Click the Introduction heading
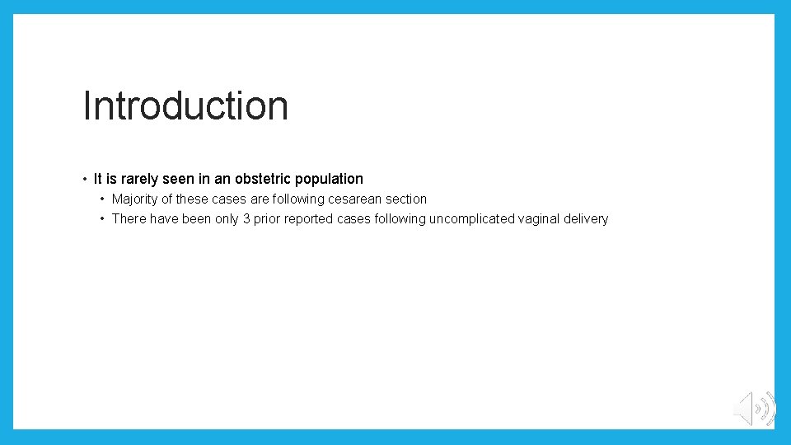click(x=185, y=106)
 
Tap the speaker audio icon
click(x=754, y=409)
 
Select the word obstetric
click(x=264, y=179)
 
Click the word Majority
click(x=136, y=199)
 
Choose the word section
click(x=405, y=199)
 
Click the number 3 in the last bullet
click(x=246, y=218)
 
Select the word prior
click(x=268, y=218)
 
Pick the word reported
click(x=311, y=218)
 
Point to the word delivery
click(x=587, y=218)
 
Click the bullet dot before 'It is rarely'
click(x=85, y=179)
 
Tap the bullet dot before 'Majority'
click(x=102, y=199)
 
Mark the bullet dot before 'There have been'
click(x=102, y=218)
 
